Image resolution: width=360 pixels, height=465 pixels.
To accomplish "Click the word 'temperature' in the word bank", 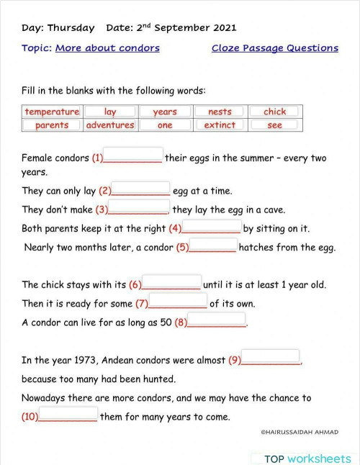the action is pyautogui.click(x=52, y=112).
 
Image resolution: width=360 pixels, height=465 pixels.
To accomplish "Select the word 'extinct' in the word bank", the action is pyautogui.click(x=220, y=125).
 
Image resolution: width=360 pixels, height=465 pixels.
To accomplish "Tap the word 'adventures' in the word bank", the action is pyautogui.click(x=110, y=125).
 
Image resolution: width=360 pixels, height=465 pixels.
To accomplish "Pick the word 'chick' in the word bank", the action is pyautogui.click(x=274, y=112).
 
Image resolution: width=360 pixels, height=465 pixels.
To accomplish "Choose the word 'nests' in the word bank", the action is pyautogui.click(x=220, y=112).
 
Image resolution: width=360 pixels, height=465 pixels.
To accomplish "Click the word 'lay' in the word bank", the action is pyautogui.click(x=110, y=112).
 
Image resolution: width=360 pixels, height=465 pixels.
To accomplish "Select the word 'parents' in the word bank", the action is pyautogui.click(x=52, y=125).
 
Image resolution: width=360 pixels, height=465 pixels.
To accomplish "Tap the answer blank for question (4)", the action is pyautogui.click(x=212, y=227).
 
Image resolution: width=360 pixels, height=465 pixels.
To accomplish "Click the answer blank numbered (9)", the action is pyautogui.click(x=271, y=358).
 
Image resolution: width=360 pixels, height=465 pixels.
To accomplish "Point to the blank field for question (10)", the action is pyautogui.click(x=68, y=415).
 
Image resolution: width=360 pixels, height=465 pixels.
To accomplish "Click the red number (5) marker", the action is pyautogui.click(x=182, y=248).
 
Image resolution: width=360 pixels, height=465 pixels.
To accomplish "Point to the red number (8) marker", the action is pyautogui.click(x=181, y=322).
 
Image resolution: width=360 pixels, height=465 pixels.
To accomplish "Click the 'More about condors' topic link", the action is pyautogui.click(x=107, y=48).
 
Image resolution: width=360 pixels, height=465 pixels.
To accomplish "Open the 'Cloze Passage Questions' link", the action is pyautogui.click(x=274, y=48).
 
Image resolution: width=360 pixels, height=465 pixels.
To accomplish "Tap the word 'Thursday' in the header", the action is pyautogui.click(x=71, y=28).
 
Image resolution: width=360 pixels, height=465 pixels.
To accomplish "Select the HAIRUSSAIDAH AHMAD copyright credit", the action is pyautogui.click(x=299, y=433).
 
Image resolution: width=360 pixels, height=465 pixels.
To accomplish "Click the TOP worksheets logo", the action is pyautogui.click(x=307, y=459).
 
